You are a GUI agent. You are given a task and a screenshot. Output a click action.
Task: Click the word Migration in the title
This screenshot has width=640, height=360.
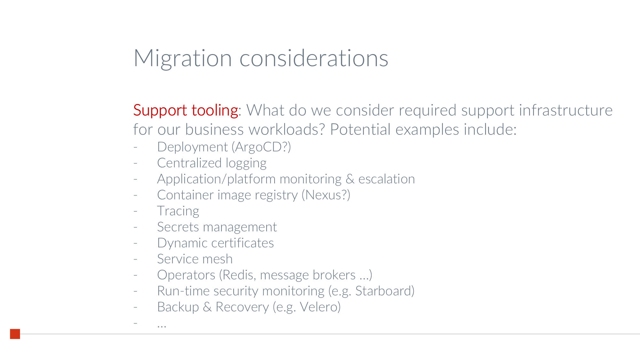[x=183, y=59]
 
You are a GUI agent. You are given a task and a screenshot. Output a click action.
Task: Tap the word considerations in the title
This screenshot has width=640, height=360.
[x=314, y=58]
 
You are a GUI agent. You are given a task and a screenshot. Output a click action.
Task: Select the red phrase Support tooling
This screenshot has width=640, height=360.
[x=186, y=111]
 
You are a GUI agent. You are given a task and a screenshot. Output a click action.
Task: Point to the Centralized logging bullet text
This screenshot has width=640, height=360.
[x=212, y=164]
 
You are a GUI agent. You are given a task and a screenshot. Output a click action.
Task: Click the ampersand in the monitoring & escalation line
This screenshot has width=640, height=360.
[x=350, y=179]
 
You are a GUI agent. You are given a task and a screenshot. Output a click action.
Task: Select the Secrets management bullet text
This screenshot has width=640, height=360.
[x=217, y=227]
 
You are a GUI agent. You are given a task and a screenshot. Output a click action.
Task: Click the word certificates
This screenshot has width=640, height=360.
[x=243, y=243]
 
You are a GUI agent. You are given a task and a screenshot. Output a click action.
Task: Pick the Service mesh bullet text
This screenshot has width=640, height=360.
[x=195, y=259]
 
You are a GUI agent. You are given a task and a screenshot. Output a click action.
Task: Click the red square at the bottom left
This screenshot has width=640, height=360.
[x=15, y=334]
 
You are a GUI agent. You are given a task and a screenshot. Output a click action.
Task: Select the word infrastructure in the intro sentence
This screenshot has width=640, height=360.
[x=566, y=110]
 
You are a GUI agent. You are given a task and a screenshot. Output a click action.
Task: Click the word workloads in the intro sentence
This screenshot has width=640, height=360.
[x=287, y=129]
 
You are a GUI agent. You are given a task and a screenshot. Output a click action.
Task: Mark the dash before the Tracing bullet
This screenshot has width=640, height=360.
[x=135, y=211]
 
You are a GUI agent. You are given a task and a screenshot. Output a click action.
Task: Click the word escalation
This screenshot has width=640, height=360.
[x=387, y=179]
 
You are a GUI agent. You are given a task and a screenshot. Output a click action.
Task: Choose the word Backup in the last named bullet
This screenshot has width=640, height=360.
[x=178, y=307]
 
